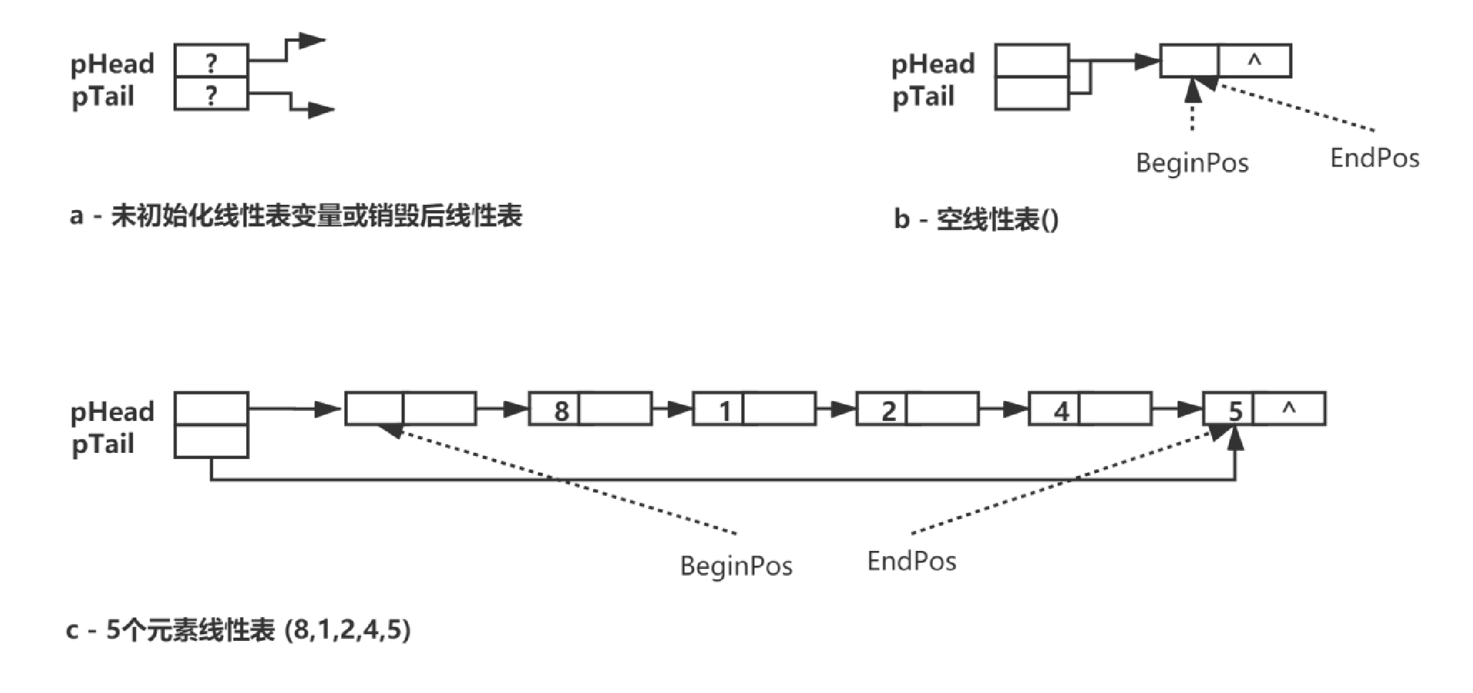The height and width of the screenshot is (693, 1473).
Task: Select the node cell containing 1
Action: pos(719,410)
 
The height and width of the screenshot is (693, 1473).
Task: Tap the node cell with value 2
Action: pos(882,410)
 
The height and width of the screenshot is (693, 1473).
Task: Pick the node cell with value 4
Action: pos(1055,410)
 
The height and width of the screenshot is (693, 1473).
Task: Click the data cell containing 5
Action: pos(1229,410)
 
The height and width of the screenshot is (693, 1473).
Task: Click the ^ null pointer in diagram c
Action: pos(1289,409)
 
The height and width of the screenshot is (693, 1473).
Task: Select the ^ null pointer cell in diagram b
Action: pos(1255,61)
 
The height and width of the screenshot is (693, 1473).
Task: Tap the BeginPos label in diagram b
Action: pos(1192,163)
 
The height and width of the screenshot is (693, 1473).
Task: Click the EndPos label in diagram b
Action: pos(1374,158)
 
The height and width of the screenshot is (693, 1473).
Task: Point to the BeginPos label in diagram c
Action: pos(736,566)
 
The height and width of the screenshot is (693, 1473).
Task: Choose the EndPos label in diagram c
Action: pos(912,561)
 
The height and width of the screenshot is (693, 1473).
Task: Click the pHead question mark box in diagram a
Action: pos(212,61)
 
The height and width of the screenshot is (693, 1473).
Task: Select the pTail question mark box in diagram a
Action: pos(212,94)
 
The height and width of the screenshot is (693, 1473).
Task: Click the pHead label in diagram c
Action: pos(112,412)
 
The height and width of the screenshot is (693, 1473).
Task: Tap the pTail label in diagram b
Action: pos(923,97)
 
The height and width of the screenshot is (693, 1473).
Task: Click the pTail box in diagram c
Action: pos(212,442)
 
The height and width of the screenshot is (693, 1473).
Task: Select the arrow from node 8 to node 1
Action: pos(672,408)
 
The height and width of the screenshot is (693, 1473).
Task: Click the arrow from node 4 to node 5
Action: pos(1178,408)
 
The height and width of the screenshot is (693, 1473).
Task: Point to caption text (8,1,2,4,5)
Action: pos(348,629)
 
